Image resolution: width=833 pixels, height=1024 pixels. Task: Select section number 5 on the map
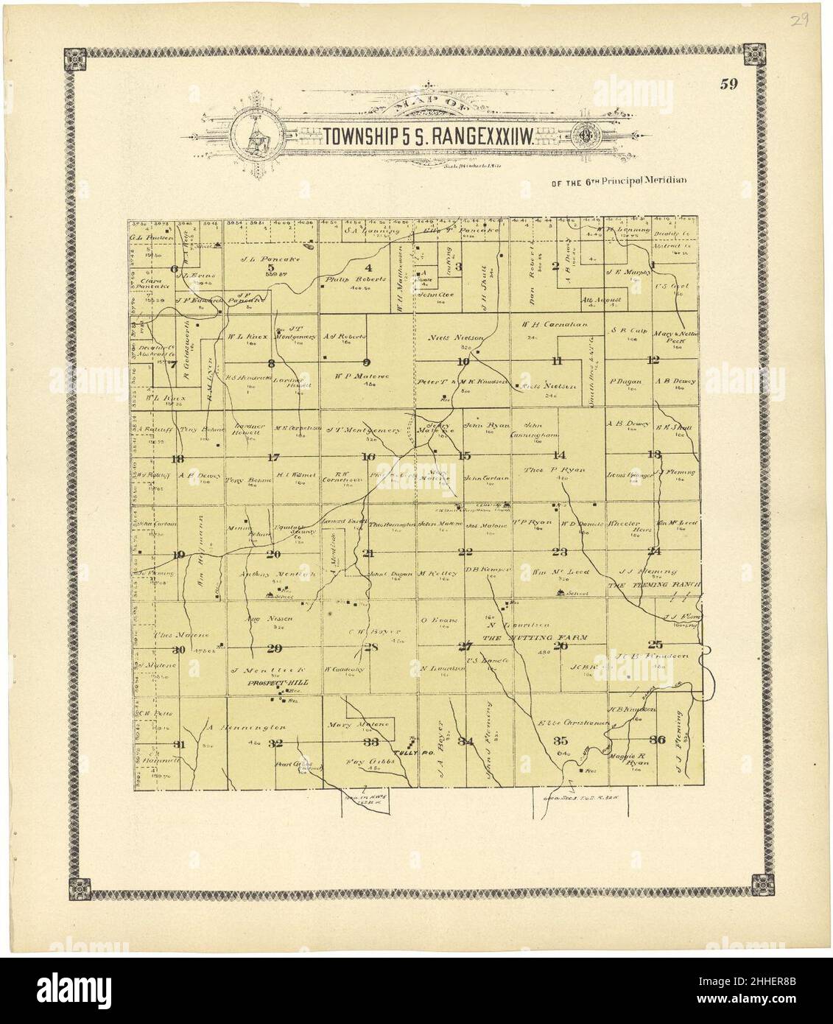[270, 267]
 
